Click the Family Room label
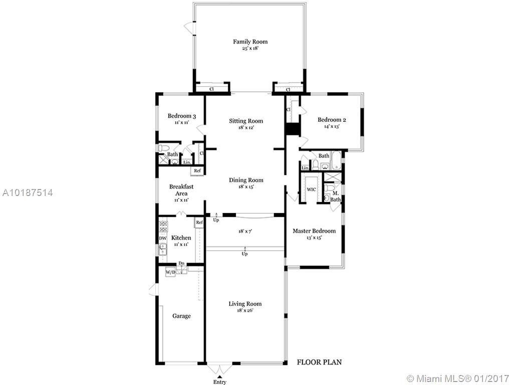tap(250, 42)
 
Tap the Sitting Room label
tap(246, 121)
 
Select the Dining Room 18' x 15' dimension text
tap(246, 187)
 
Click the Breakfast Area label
tap(181, 190)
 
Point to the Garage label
tap(181, 316)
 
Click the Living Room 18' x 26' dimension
tap(245, 310)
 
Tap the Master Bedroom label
tap(314, 231)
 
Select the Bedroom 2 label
tap(332, 119)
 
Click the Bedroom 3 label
tap(182, 116)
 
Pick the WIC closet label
tap(311, 189)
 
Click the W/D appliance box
tap(170, 272)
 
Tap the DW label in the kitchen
tap(163, 238)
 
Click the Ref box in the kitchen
tap(199, 223)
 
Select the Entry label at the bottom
tap(220, 381)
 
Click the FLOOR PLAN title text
tap(319, 362)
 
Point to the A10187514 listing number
tap(28, 192)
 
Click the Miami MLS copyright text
tap(457, 378)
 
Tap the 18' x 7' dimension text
tap(245, 231)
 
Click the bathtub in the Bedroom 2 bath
tap(336, 160)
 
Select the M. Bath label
tap(335, 197)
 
